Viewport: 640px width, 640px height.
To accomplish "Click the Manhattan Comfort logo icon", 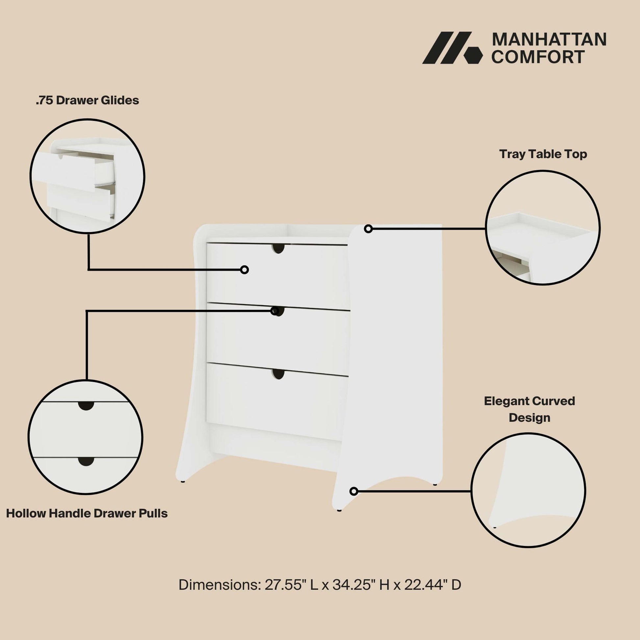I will (x=452, y=48).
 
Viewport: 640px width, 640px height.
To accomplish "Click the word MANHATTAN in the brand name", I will (x=549, y=39).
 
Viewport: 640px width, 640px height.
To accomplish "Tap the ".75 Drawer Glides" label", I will (x=87, y=100).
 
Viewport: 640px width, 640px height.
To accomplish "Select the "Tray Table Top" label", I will (x=543, y=154).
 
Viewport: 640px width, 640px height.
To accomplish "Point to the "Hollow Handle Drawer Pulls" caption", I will (x=87, y=513).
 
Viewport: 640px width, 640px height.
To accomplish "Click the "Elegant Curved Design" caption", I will (x=529, y=409).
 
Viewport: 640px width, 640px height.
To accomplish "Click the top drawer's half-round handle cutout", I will (x=279, y=248).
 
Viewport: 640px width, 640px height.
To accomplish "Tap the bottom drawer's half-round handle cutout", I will (x=279, y=374).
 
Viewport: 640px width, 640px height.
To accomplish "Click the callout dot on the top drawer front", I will (x=244, y=270).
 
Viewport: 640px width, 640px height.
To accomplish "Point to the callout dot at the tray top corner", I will (x=368, y=229).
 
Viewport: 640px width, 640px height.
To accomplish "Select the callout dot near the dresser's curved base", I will (x=354, y=491).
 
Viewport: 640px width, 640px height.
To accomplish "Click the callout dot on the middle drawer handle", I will (x=275, y=311).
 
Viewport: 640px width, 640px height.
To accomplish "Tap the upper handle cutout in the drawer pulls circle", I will (x=86, y=406).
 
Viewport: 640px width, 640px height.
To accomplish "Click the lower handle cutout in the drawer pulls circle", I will (x=86, y=461).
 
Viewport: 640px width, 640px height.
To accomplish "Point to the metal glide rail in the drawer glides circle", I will (x=105, y=183).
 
